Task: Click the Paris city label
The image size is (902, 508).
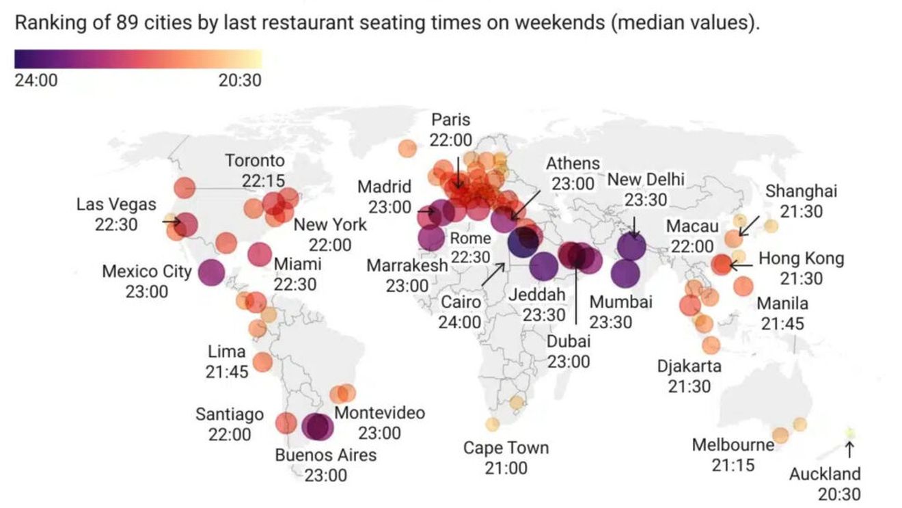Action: pos(451,120)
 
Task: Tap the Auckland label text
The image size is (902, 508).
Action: pos(825,474)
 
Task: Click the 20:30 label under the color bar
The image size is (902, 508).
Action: pos(240,81)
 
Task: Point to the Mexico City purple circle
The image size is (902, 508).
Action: pos(211,273)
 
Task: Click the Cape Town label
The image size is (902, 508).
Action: pos(506,449)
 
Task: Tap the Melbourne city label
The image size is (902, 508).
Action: pos(733,446)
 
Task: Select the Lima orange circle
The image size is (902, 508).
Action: pos(262,362)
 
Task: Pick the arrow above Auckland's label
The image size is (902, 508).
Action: pos(849,449)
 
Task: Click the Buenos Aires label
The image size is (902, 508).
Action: pos(325,455)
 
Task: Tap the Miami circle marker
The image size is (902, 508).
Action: pos(260,254)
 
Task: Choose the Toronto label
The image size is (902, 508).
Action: pos(255,161)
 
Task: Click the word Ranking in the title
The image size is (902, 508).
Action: pos(45,23)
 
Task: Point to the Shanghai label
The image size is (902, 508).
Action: pos(801,192)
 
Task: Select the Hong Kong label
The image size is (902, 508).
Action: pos(802,259)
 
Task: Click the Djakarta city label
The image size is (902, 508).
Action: pos(689,366)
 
